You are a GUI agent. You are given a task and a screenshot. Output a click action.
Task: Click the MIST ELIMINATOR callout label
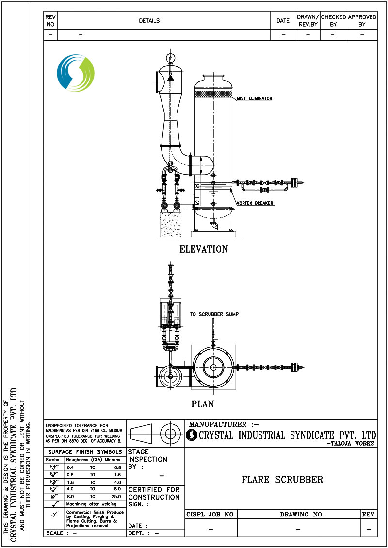pyautogui.click(x=255, y=98)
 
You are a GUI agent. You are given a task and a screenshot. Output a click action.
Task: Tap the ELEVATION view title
pyautogui.click(x=204, y=249)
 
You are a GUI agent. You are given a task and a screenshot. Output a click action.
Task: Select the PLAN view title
pyautogui.click(x=203, y=403)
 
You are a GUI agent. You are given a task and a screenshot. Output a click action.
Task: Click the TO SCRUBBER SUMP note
pyautogui.click(x=214, y=314)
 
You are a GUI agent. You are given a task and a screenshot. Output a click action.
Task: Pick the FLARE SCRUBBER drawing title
pyautogui.click(x=282, y=480)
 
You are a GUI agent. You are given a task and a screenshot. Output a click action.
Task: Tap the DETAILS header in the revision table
pyautogui.click(x=149, y=21)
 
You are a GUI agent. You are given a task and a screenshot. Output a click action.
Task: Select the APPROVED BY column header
pyautogui.click(x=362, y=20)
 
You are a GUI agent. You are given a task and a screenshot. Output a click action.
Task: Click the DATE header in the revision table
pyautogui.click(x=283, y=21)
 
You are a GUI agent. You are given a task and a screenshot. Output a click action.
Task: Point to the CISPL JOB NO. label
pyautogui.click(x=211, y=514)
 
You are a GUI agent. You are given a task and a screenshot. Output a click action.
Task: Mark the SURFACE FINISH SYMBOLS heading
pyautogui.click(x=85, y=452)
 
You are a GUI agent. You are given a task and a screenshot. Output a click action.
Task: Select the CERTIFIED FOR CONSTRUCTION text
pyautogui.click(x=154, y=493)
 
